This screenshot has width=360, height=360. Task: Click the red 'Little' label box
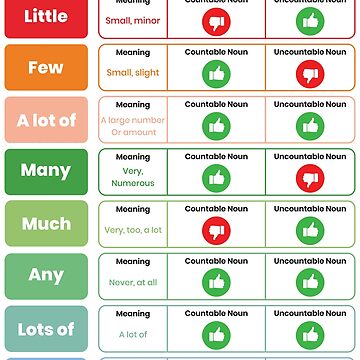(45, 17)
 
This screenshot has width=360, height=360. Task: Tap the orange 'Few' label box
(45, 68)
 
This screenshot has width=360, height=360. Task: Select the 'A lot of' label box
(45, 121)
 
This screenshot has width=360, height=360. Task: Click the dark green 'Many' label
(45, 171)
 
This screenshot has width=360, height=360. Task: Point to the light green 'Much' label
(45, 224)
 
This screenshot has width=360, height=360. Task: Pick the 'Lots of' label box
(45, 328)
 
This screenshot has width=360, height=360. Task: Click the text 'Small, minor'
(133, 21)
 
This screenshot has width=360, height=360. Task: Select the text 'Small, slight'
(133, 72)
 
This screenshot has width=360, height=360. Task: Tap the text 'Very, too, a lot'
(133, 230)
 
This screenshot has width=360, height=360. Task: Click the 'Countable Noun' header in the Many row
(216, 157)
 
